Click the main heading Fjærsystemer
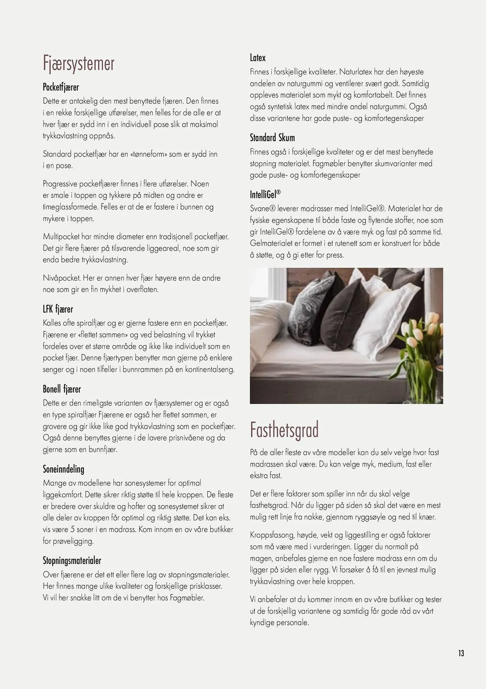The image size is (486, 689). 79,64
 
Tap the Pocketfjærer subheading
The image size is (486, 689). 61,88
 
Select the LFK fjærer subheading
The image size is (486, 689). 58,309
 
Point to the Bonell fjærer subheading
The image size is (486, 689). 62,389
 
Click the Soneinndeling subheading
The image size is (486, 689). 63,469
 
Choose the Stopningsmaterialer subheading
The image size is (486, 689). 72,561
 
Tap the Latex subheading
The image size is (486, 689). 258,58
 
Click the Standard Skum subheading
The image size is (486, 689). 272,138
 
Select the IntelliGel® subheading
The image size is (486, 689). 265,195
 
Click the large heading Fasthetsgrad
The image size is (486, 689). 284,430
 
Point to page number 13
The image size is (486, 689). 461,653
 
